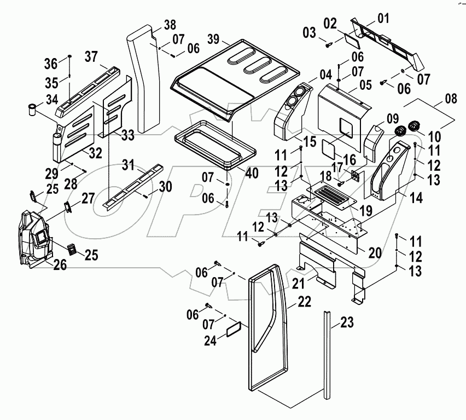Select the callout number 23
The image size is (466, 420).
(x=347, y=323)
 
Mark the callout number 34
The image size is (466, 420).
(x=53, y=100)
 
